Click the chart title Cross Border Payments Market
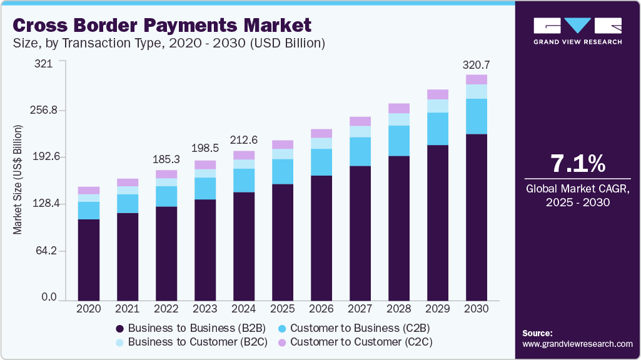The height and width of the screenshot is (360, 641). (161, 26)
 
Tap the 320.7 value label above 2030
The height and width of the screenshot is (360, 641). (476, 64)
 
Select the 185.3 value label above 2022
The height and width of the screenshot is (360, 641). (166, 160)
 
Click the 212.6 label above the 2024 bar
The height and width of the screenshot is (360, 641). (243, 140)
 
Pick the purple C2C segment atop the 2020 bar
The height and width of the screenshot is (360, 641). (88, 190)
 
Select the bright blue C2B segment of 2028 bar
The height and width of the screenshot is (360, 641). (398, 141)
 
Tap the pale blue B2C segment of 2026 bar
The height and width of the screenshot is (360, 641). (321, 143)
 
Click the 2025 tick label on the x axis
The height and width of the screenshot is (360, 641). (282, 309)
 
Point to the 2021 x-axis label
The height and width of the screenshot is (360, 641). (127, 309)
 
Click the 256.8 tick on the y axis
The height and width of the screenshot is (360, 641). (45, 110)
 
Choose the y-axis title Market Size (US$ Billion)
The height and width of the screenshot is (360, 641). (18, 181)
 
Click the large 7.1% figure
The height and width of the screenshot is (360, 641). (578, 164)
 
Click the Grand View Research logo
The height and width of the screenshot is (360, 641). (578, 31)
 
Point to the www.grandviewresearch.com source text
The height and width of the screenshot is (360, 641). (577, 344)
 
